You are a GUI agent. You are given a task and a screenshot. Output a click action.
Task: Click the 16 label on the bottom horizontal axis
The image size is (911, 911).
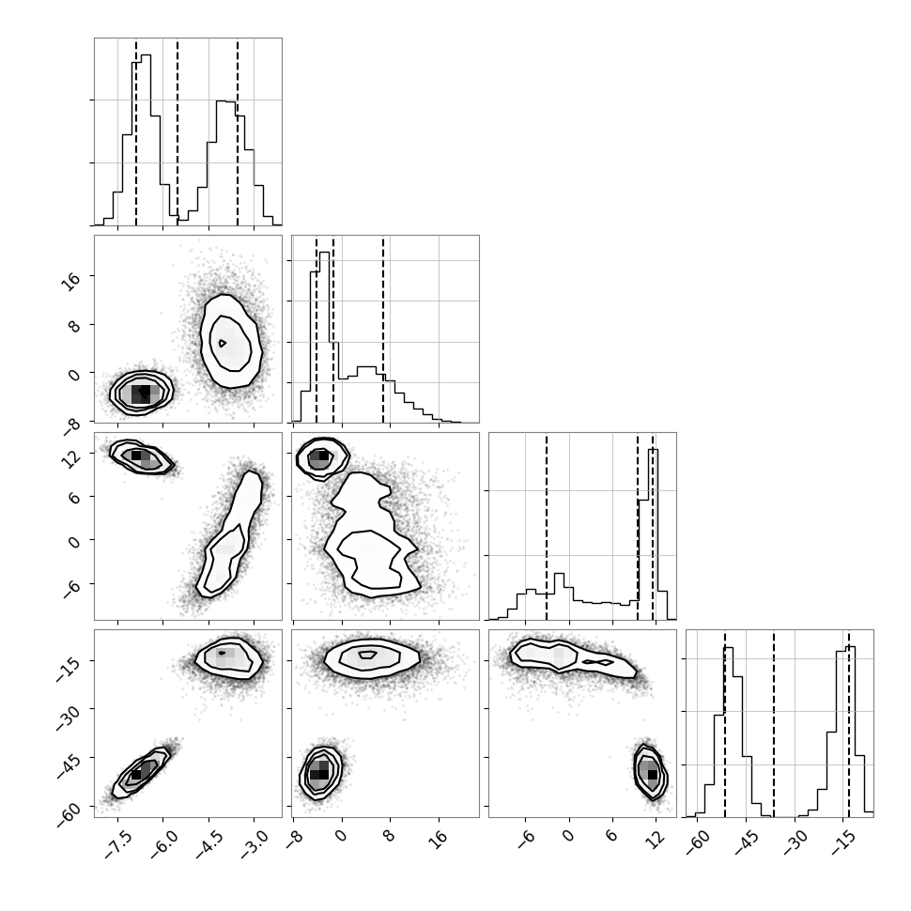[440, 837]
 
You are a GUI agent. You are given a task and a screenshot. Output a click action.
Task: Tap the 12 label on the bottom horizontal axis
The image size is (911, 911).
[656, 837]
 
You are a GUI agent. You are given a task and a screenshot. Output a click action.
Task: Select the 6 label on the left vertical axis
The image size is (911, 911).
[75, 497]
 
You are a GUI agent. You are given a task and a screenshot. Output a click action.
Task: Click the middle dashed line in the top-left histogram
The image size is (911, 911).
[178, 131]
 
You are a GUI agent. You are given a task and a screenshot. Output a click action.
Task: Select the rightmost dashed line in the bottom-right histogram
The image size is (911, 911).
[849, 723]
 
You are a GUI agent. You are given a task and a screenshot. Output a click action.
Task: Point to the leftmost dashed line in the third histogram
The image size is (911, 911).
[547, 526]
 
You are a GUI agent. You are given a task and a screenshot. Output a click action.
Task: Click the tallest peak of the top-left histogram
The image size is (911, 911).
[146, 55]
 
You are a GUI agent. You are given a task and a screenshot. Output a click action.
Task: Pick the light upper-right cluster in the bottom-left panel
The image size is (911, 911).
[229, 658]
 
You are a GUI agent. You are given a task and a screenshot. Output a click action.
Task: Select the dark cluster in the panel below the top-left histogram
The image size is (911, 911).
[141, 394]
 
